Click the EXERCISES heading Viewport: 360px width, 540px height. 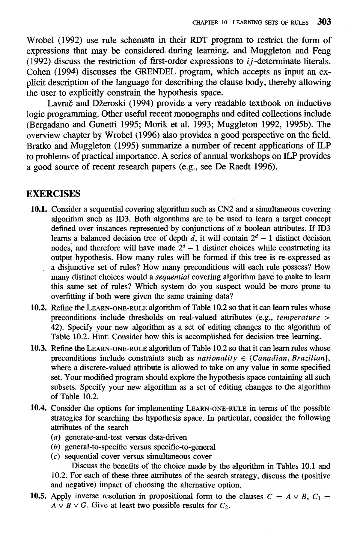54,193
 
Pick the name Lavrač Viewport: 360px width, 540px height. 59,103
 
